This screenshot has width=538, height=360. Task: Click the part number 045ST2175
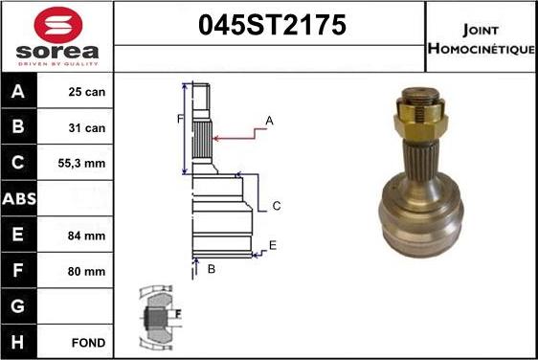270,27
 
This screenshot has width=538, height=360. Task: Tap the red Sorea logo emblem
57,25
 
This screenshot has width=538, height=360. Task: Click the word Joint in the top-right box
480,29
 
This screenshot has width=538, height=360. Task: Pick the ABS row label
20,199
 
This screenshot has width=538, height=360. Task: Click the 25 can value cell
87,93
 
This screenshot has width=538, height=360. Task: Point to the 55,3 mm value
87,164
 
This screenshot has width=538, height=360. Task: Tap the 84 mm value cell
87,235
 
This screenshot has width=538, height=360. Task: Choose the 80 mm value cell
87,271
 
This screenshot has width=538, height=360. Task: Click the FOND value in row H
87,342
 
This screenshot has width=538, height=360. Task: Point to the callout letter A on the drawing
269,121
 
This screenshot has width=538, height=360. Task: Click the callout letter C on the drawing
276,206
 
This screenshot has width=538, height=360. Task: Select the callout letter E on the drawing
273,246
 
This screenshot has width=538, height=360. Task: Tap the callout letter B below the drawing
211,269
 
